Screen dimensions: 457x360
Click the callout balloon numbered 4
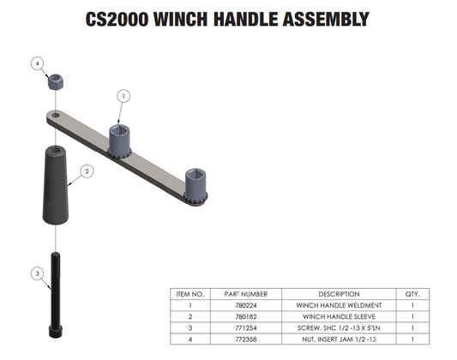click(38, 63)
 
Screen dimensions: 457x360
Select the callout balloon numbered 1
click(123, 96)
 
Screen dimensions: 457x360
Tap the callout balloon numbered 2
click(87, 171)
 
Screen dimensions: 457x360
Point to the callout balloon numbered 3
click(38, 273)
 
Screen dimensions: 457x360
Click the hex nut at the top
click(56, 81)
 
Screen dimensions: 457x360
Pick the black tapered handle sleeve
click(56, 184)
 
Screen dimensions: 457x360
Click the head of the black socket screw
click(56, 331)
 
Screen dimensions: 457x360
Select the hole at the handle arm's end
click(56, 116)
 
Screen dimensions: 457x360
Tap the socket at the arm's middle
click(119, 141)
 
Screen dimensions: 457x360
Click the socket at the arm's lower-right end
click(195, 185)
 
